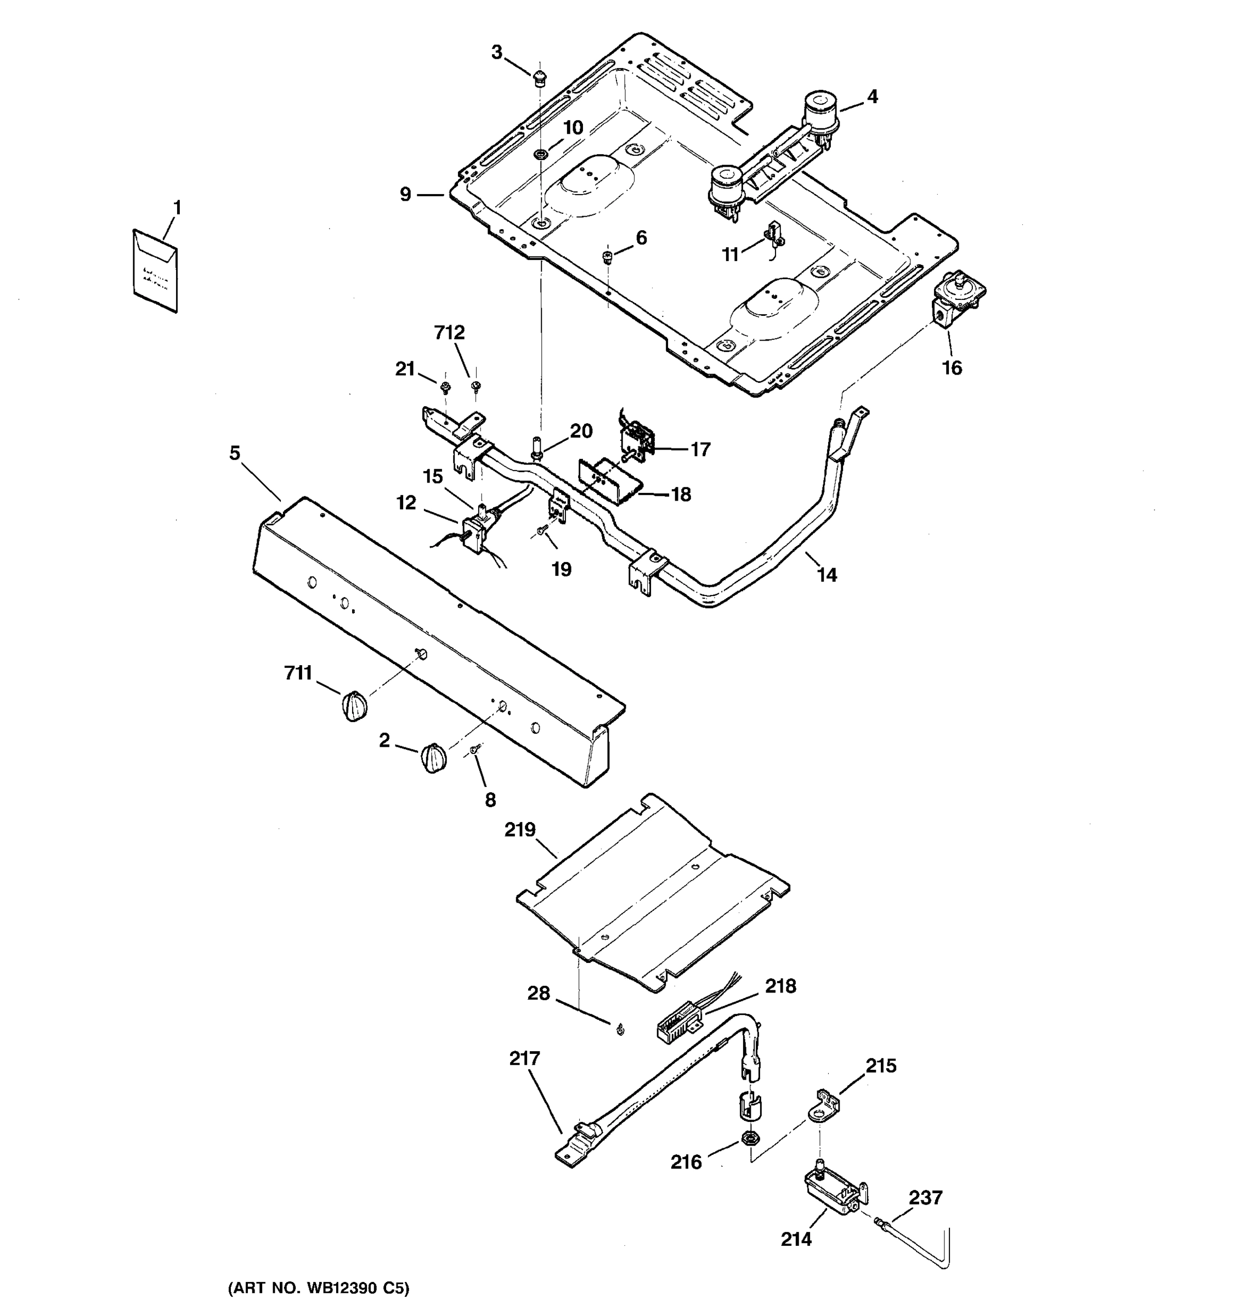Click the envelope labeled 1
click(155, 270)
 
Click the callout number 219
click(520, 830)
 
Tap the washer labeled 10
click(540, 155)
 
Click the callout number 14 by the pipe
click(827, 575)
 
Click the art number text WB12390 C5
click(319, 1288)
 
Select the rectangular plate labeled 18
click(605, 481)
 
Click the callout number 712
click(450, 333)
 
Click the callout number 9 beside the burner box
click(405, 194)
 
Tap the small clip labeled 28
click(620, 1030)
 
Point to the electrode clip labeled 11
click(773, 236)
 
